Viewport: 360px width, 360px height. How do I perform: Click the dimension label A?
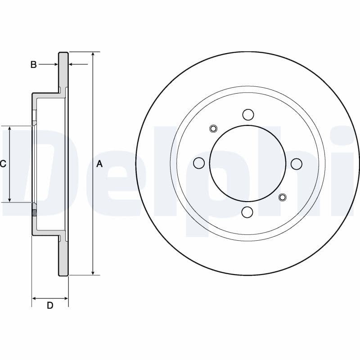point(99,164)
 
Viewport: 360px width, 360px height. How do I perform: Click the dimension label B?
point(33,65)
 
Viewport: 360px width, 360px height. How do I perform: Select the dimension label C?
point(3,164)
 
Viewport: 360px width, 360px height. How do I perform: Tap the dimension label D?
point(50,306)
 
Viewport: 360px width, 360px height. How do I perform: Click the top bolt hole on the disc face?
point(248,114)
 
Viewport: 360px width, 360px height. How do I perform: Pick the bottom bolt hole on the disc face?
point(248,211)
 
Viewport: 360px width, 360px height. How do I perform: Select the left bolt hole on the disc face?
point(199,163)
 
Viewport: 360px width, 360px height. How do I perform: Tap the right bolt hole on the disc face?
point(297,164)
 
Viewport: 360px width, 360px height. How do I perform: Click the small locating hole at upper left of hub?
point(213,129)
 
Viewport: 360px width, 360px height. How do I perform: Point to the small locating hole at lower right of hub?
point(283,197)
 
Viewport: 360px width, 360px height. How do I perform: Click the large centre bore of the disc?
point(248,163)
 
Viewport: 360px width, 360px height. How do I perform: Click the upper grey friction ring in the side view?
point(63,72)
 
